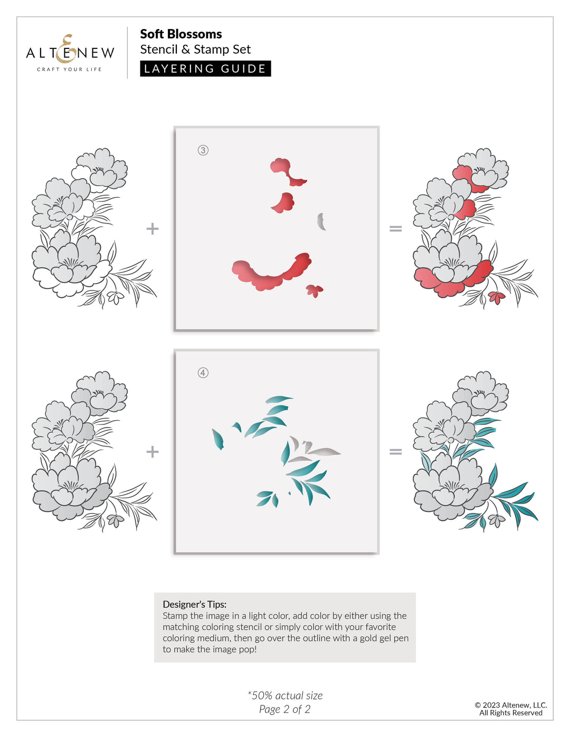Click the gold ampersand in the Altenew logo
68,48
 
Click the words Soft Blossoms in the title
180,34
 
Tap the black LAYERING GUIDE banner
205,69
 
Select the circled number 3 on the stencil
203,150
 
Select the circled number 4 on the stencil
203,373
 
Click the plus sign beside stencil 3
153,229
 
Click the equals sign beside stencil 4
395,452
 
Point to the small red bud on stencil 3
315,290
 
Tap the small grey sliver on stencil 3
320,221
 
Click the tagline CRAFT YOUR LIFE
69,69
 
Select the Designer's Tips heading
194,604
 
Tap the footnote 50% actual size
285,695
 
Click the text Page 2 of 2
285,709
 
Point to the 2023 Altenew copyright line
510,705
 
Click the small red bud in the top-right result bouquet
496,297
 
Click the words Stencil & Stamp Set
195,50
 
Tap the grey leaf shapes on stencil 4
317,449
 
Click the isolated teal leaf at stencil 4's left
217,439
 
